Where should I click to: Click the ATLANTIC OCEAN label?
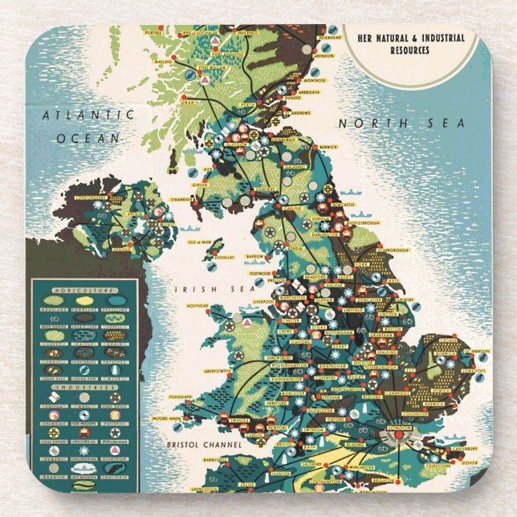pos(88,126)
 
